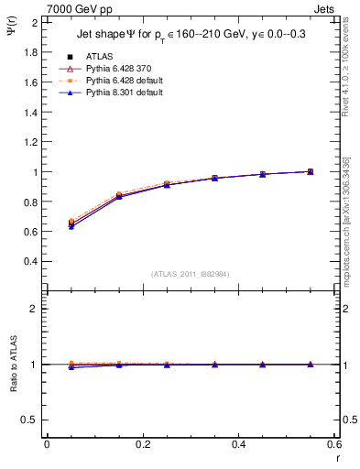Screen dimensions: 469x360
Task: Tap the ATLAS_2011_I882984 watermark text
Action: pyautogui.click(x=189, y=274)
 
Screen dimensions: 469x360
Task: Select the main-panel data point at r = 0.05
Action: pyautogui.click(x=71, y=223)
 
